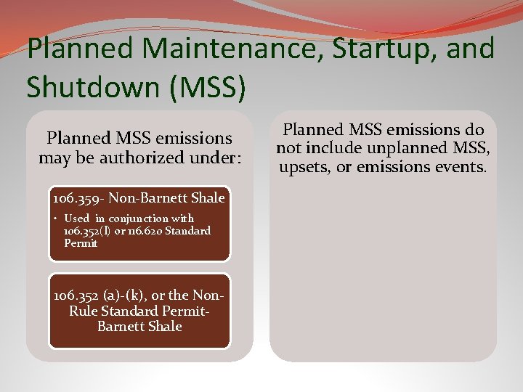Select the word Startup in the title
(x=374, y=49)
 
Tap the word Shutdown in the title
(x=89, y=86)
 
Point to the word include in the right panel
(x=333, y=148)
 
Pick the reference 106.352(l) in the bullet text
(x=86, y=231)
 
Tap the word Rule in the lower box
(x=84, y=311)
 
